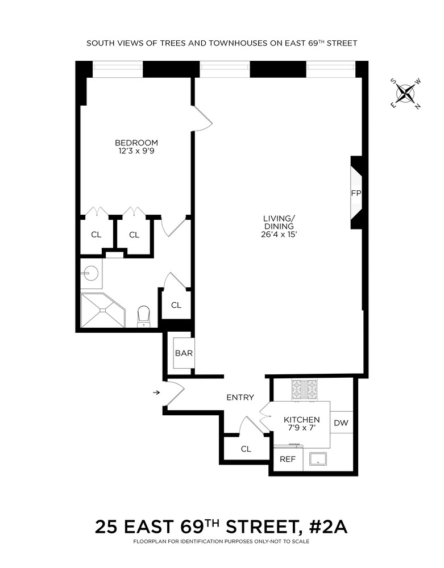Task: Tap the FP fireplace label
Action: click(356, 193)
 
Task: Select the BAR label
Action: click(184, 353)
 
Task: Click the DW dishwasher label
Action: click(341, 423)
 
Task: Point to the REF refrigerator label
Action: click(288, 459)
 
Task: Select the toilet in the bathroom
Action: click(143, 316)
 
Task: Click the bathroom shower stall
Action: click(102, 310)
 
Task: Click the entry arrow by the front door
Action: click(156, 392)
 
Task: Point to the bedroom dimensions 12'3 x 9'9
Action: click(136, 151)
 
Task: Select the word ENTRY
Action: click(240, 398)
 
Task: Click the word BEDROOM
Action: click(136, 143)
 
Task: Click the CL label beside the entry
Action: click(246, 449)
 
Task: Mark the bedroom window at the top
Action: click(118, 69)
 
